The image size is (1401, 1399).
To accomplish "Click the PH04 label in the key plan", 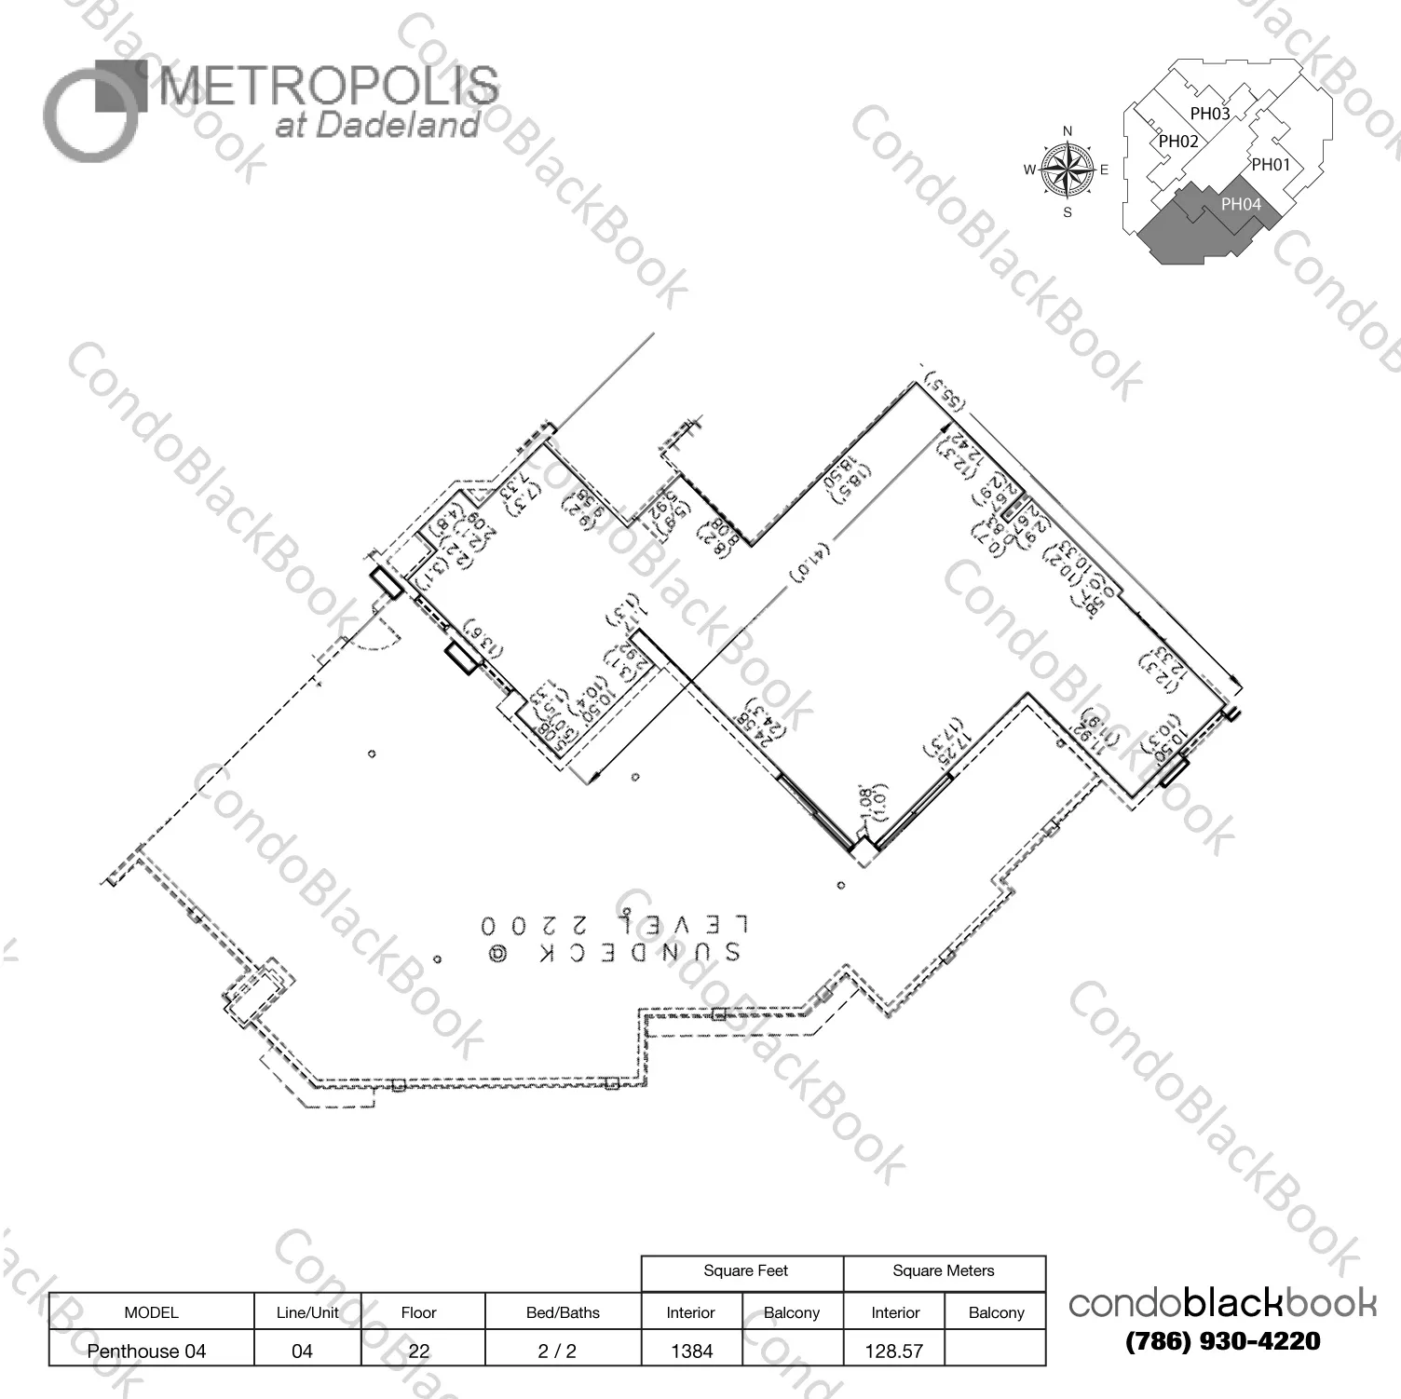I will [x=1241, y=204].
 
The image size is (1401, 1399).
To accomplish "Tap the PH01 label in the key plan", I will [x=1271, y=165].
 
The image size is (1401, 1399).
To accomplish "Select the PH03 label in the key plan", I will [x=1209, y=114].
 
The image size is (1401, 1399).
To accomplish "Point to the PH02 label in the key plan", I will [x=1178, y=142].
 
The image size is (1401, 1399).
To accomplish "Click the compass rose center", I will [x=1068, y=170].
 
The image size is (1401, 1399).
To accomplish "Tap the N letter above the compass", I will [x=1068, y=131].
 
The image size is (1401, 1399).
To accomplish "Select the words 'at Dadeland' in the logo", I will [x=377, y=126].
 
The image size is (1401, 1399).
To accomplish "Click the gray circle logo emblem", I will [x=93, y=112].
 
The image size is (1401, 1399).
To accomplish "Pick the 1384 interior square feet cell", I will [x=691, y=1351].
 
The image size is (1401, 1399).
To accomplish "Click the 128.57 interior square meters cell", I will [x=893, y=1351].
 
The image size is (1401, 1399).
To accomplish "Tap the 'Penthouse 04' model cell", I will [x=146, y=1351].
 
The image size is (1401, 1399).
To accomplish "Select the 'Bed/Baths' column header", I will [x=563, y=1312].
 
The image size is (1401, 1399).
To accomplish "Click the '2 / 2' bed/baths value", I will [x=557, y=1351].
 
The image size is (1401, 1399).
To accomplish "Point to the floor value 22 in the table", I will [x=419, y=1351].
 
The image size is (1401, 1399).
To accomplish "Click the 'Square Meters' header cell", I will [x=943, y=1271].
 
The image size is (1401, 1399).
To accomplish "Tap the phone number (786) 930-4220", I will [x=1222, y=1341].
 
